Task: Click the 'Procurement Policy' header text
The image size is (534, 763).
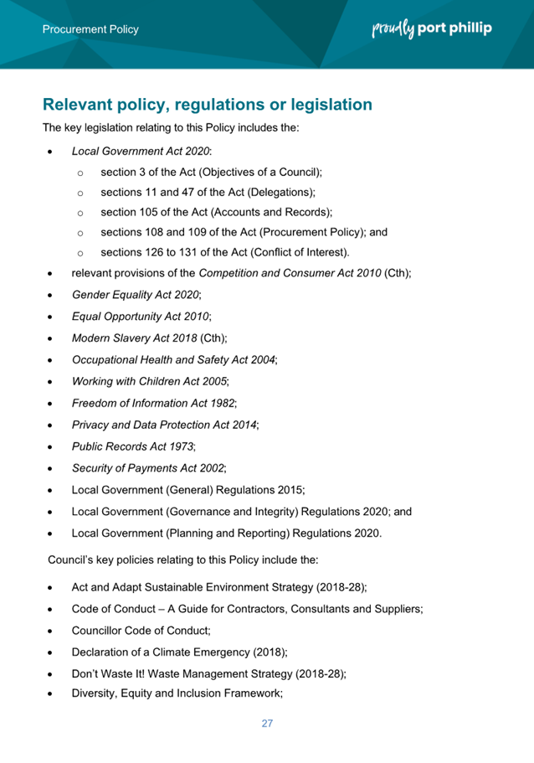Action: (x=91, y=29)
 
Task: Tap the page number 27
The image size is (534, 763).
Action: (x=267, y=723)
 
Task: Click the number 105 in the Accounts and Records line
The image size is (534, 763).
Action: (x=152, y=212)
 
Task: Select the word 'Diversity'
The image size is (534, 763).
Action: (x=98, y=693)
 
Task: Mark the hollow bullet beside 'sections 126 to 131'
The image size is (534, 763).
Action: (x=80, y=252)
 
